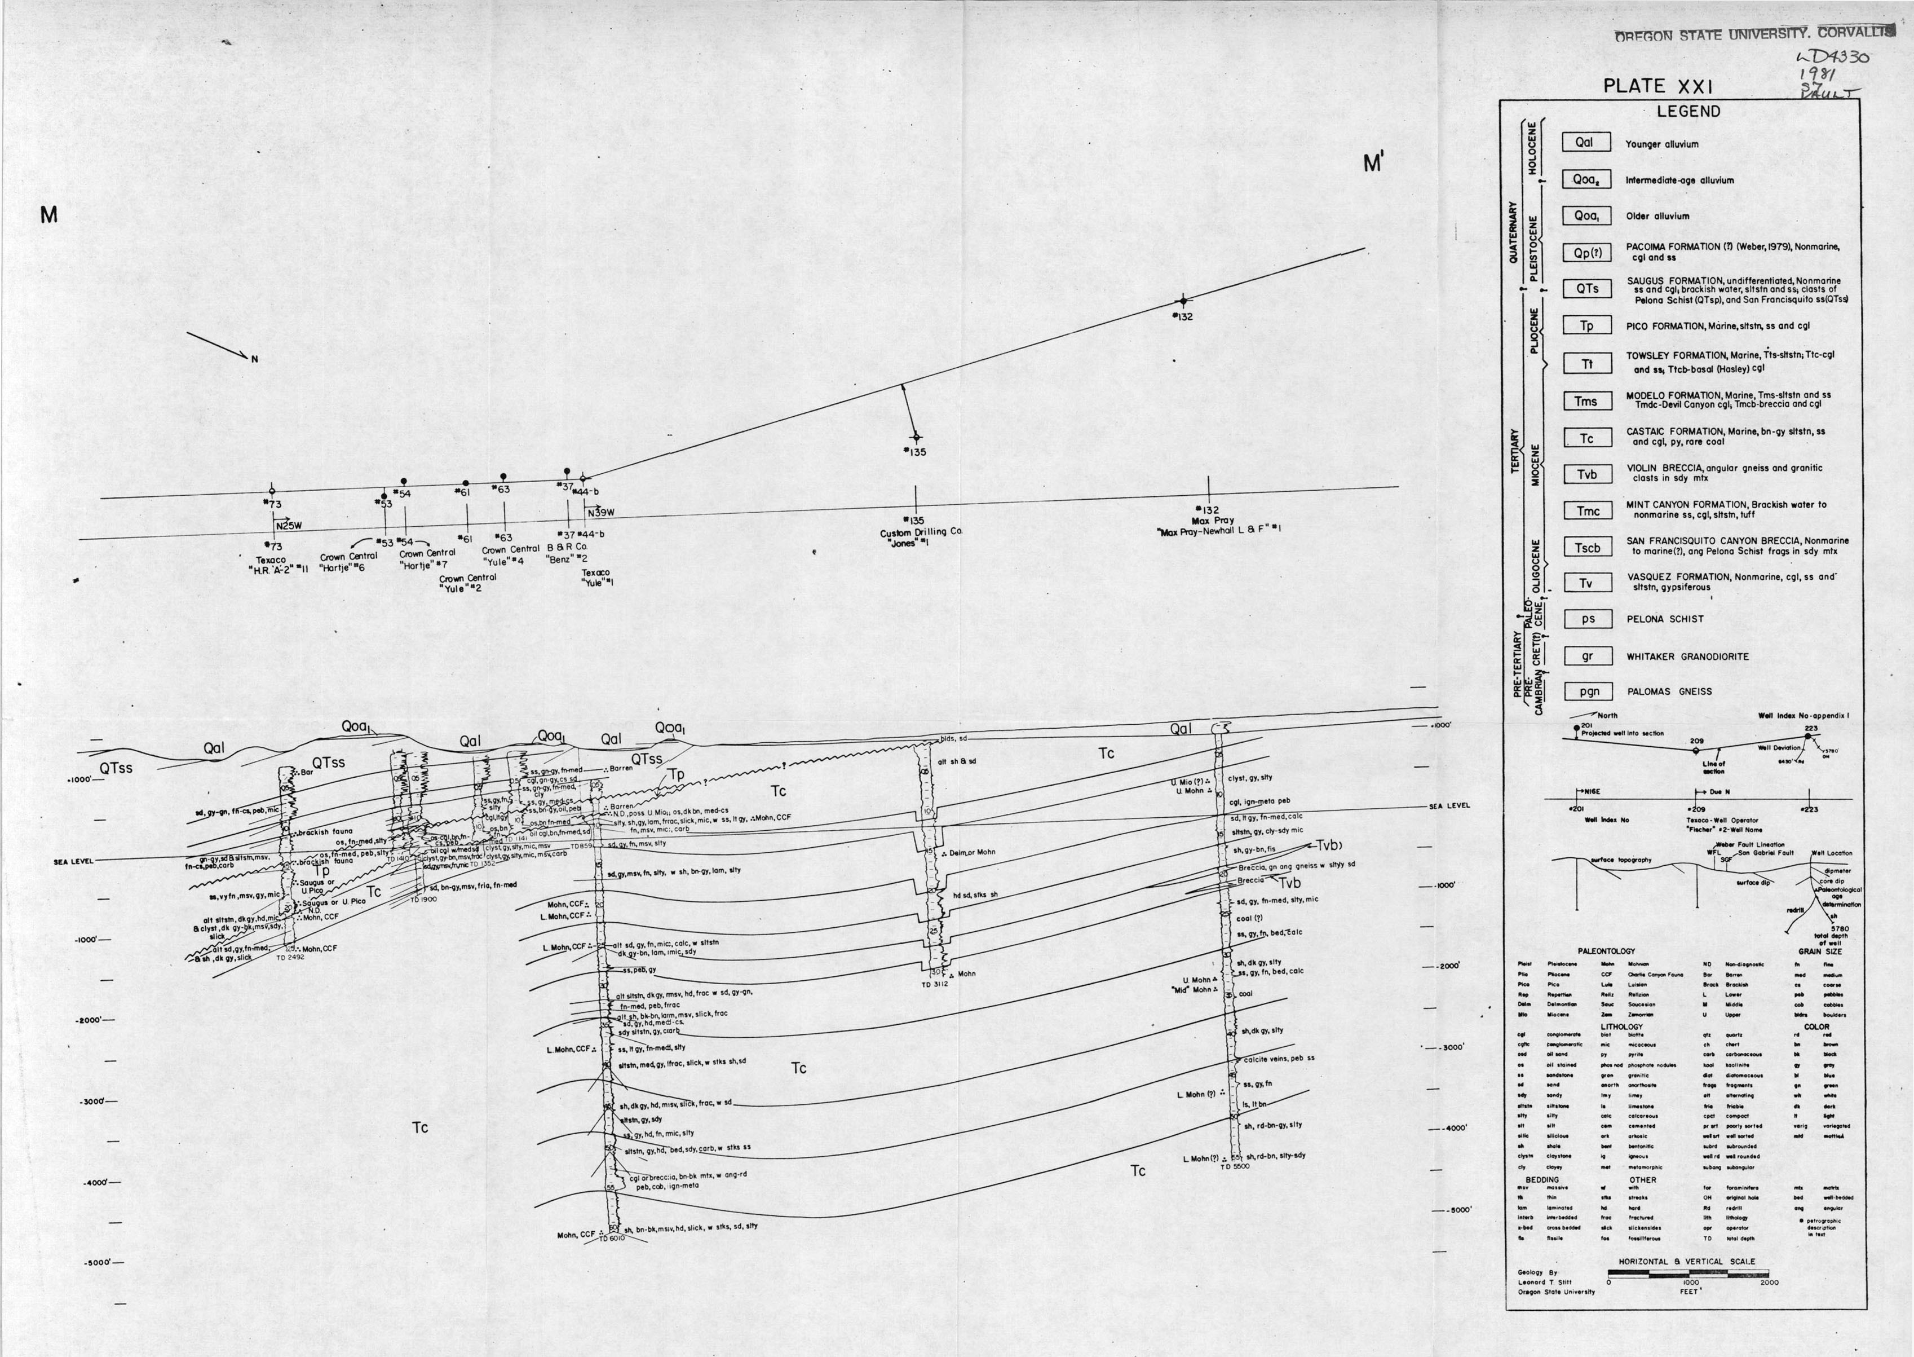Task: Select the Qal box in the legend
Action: click(1584, 143)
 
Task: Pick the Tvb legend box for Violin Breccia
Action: click(1586, 475)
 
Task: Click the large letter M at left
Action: click(48, 215)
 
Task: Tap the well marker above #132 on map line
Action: click(1182, 301)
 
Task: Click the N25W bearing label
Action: click(289, 526)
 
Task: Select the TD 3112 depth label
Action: click(936, 984)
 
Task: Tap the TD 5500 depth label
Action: click(1234, 1166)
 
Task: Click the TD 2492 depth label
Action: click(290, 958)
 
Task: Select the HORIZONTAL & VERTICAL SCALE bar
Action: click(1688, 1274)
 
